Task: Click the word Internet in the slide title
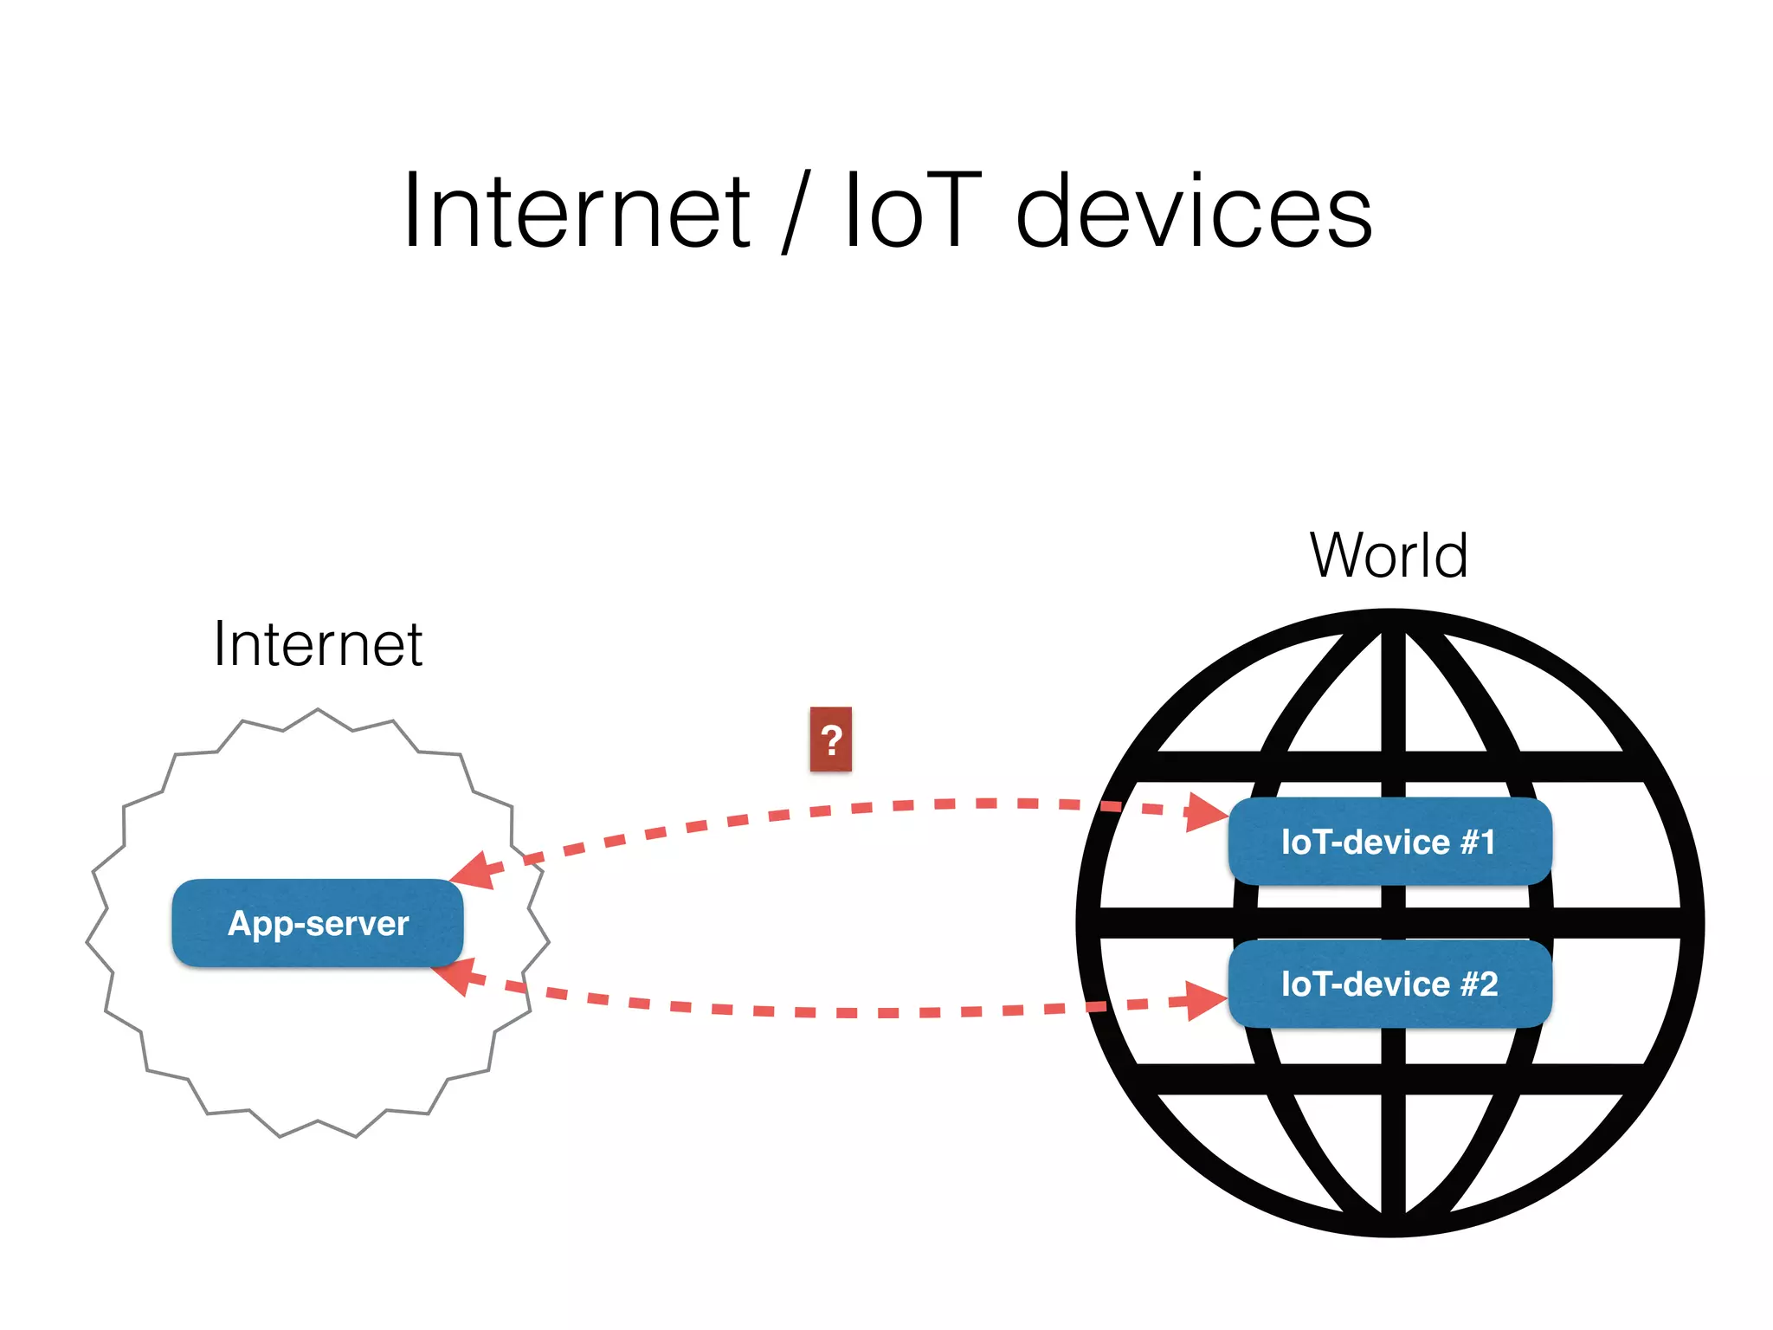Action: (x=577, y=211)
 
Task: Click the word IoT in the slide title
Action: (x=912, y=211)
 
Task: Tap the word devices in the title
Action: (x=1194, y=211)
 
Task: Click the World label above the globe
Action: (x=1389, y=555)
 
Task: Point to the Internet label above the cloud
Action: (x=318, y=644)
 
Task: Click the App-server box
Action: (x=318, y=923)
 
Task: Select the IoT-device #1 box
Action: (x=1389, y=842)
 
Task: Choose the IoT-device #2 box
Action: (x=1389, y=984)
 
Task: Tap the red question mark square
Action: (x=831, y=739)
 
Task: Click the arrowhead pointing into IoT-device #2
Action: (x=1205, y=1001)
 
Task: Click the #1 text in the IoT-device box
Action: (x=1478, y=842)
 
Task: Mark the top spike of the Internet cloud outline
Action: (x=318, y=710)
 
